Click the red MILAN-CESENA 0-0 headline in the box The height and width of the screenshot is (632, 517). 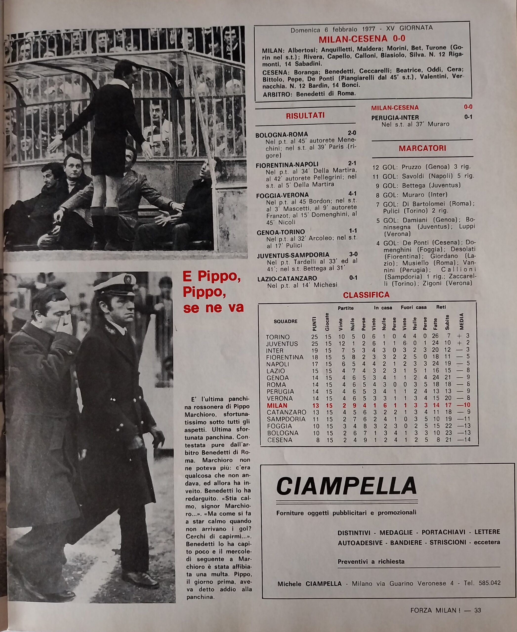[x=362, y=39]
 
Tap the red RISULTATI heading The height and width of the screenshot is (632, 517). [x=305, y=116]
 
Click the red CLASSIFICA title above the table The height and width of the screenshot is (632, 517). [x=366, y=295]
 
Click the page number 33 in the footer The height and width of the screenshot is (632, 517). [x=477, y=610]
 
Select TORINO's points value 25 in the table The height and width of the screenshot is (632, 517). [x=314, y=337]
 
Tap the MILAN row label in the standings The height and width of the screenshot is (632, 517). [x=277, y=405]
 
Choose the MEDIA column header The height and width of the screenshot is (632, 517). [x=462, y=321]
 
